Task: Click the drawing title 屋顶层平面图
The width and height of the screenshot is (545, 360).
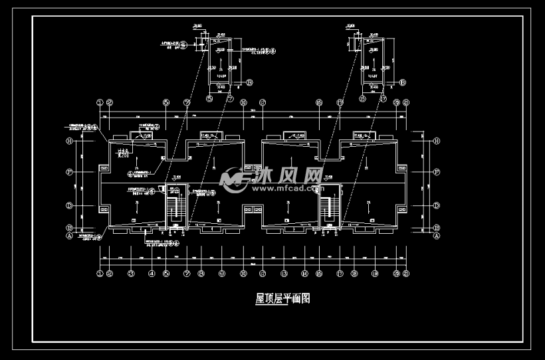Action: coord(282,299)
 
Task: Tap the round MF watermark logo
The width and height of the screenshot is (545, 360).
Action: coord(234,178)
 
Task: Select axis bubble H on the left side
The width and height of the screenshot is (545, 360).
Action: coord(68,141)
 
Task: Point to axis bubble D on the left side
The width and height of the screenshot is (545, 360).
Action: coord(68,205)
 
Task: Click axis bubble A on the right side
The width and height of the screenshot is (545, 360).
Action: coord(437,235)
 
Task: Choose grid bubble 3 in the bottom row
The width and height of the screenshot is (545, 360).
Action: coord(131,273)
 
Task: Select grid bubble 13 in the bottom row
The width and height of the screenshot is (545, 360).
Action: coord(284,273)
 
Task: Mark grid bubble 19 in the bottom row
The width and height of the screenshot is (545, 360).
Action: coord(374,273)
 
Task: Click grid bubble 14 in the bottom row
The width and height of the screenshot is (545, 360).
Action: coord(304,273)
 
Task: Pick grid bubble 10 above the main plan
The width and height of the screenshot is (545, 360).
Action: coord(244,102)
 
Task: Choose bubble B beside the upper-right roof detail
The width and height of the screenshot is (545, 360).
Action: coord(403,83)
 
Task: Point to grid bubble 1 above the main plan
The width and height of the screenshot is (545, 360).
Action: coord(100,102)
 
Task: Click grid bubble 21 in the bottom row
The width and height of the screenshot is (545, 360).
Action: coord(405,273)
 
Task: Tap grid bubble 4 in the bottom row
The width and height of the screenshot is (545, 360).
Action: coord(152,273)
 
